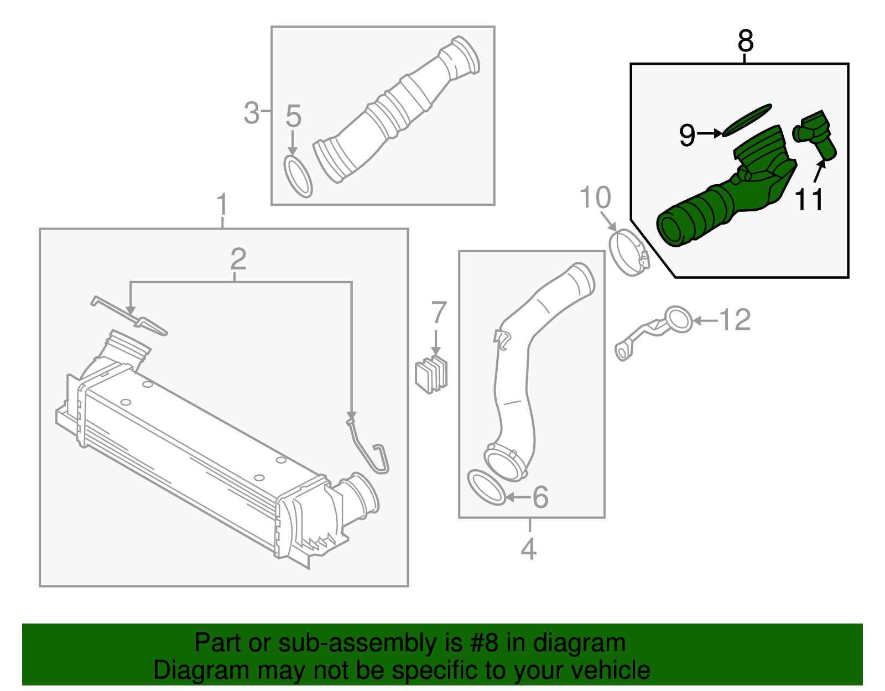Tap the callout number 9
coord(687,134)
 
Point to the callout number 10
coord(595,198)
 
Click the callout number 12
coord(735,320)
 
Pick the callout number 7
coord(438,313)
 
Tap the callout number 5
coord(293,116)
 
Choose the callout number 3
coord(252,113)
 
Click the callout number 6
coord(540,497)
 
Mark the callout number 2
coord(238,258)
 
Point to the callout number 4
coord(529,548)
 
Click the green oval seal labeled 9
coord(747,119)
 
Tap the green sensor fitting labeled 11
coord(815,133)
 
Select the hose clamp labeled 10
coord(628,253)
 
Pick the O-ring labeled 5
coord(298,176)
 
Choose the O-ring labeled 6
coord(486,487)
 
